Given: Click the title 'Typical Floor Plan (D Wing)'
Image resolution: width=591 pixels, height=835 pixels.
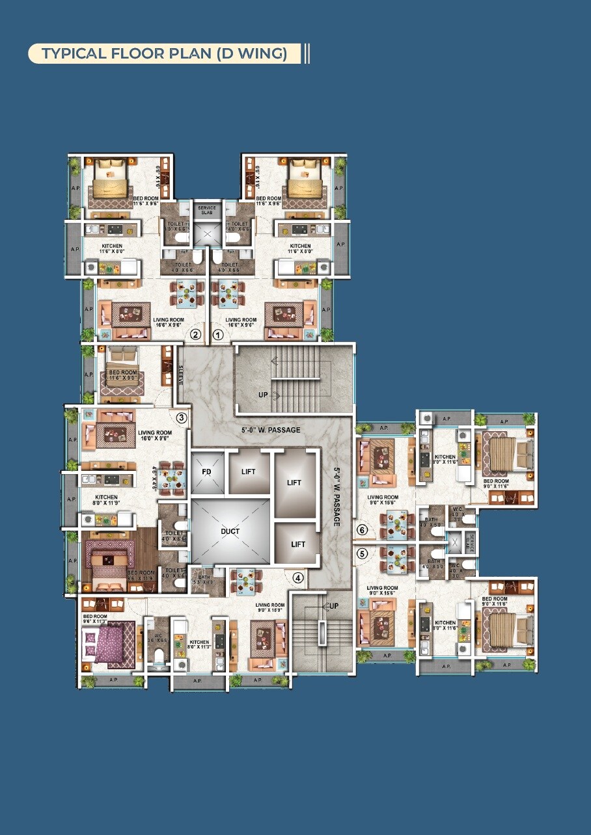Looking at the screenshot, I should click(164, 53).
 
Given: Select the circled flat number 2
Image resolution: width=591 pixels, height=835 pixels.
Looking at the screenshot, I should click(195, 335).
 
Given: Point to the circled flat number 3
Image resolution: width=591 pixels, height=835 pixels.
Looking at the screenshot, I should click(182, 417).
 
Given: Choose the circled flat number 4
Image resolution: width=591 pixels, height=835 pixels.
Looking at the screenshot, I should click(298, 577).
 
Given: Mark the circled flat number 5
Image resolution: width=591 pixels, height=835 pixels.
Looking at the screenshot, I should click(363, 553).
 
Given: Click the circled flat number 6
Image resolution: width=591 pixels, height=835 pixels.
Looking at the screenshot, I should click(363, 530).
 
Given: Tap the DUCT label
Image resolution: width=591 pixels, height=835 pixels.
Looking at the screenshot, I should click(230, 531).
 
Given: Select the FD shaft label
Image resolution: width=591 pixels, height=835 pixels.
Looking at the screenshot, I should click(206, 471).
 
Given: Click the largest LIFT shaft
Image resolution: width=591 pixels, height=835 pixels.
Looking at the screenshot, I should click(294, 483).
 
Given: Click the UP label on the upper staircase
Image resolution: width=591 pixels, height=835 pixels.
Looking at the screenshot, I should click(263, 395).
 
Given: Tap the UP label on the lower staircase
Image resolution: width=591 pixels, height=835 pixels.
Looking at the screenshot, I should click(333, 605).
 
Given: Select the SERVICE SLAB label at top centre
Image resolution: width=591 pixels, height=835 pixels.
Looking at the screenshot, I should click(206, 209).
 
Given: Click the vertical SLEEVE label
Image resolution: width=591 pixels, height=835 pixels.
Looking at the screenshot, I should click(181, 375).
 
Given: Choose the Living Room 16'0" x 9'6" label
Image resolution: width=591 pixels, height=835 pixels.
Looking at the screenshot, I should click(155, 436).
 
